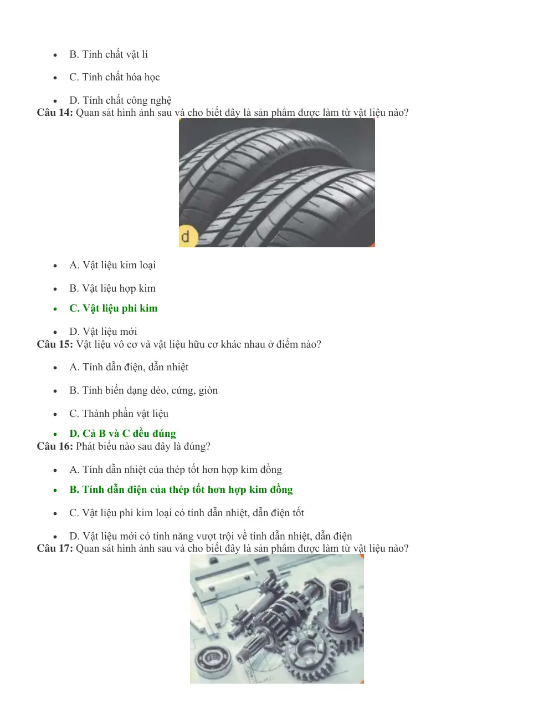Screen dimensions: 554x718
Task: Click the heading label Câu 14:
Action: [55, 113]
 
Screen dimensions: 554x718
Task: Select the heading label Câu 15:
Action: [55, 344]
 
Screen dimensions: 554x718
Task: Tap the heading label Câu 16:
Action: [55, 446]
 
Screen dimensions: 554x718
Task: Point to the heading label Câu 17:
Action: [55, 548]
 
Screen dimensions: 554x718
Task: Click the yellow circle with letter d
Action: [187, 237]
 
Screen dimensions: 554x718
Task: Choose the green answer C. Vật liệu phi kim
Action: [114, 308]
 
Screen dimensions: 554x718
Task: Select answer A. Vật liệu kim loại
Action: [112, 266]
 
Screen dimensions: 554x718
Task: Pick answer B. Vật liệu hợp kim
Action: [112, 288]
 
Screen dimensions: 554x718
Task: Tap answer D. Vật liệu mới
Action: [103, 332]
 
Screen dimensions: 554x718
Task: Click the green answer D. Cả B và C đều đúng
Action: [123, 434]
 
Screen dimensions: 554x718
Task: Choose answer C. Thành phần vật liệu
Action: [119, 414]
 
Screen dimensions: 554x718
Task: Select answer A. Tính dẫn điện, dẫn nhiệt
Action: [129, 367]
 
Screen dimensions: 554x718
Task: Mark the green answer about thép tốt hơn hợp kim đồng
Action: [181, 490]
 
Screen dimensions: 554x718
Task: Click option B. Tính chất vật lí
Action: [109, 54]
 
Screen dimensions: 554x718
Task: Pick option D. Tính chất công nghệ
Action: [121, 100]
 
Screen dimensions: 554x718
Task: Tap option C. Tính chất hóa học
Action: [115, 77]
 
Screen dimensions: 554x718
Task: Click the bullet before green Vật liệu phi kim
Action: [55, 309]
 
